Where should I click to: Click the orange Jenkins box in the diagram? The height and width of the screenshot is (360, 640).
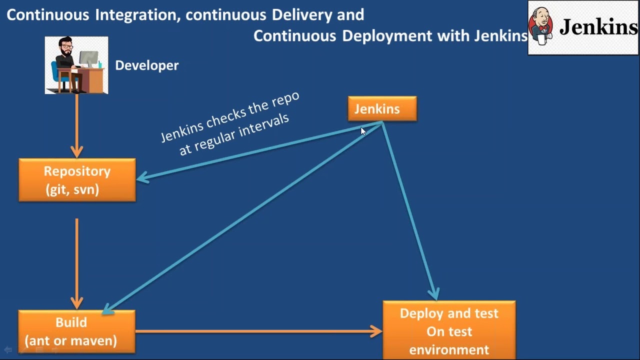coord(382,108)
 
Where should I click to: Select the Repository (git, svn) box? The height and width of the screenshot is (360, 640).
coord(77,180)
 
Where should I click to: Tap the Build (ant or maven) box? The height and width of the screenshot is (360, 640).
coord(76,331)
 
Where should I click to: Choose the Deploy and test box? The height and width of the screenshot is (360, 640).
coord(449,330)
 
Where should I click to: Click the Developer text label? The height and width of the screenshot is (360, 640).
coord(146,65)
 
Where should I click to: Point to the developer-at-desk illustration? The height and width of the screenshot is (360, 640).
coord(76,65)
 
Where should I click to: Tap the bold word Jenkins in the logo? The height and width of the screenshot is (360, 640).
coord(598,27)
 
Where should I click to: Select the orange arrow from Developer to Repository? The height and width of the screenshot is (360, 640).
coord(76,125)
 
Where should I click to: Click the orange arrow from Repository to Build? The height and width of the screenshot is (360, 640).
coord(76,262)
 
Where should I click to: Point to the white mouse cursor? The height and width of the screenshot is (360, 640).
coord(363,131)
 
